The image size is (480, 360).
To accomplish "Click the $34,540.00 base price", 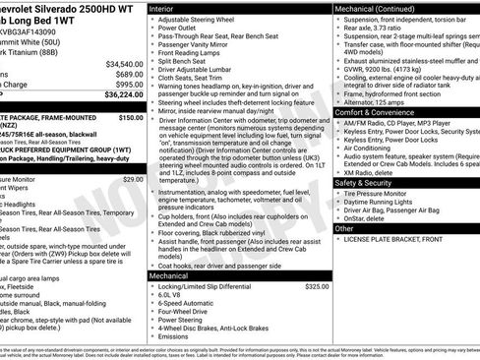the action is click(121, 61).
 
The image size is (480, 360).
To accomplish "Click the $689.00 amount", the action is click(125, 73).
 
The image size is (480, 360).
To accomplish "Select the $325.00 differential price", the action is click(317, 286).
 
